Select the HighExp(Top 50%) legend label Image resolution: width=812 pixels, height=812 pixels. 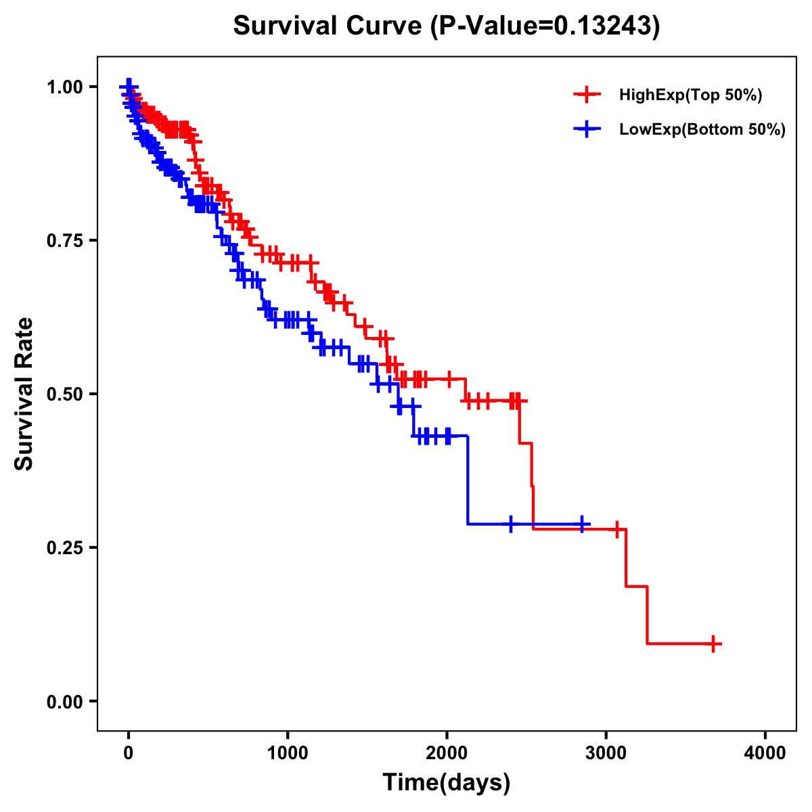pyautogui.click(x=690, y=95)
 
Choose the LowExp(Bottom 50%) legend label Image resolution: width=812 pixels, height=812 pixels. pyautogui.click(x=702, y=130)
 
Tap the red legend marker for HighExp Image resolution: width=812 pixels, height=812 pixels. pyautogui.click(x=587, y=95)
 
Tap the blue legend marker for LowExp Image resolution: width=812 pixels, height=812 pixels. pyautogui.click(x=587, y=130)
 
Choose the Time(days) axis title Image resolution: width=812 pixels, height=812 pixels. pyautogui.click(x=447, y=783)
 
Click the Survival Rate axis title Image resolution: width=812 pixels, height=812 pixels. pyautogui.click(x=24, y=394)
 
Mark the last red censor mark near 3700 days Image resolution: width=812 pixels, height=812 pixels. pyautogui.click(x=713, y=644)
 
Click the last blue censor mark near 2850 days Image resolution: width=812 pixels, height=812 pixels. pyautogui.click(x=582, y=524)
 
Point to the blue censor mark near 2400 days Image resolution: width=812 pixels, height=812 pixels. pyautogui.click(x=511, y=524)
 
